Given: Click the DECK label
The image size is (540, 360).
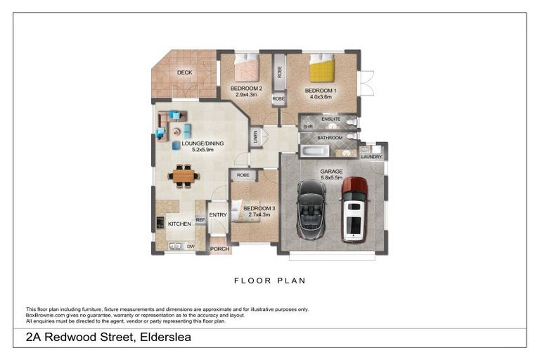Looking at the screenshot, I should click(x=184, y=72).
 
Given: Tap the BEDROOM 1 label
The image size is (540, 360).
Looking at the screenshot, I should click(x=321, y=91).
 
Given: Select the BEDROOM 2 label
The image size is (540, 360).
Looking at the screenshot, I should click(x=246, y=89).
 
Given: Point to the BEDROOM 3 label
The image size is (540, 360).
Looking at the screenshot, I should click(x=259, y=208).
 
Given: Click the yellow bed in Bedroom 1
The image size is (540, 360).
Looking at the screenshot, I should click(x=323, y=70).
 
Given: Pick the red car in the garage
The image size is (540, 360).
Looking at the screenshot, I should click(x=354, y=208).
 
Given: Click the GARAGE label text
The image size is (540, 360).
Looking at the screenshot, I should click(x=331, y=172).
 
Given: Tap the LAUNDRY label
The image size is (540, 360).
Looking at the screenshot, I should click(x=371, y=157).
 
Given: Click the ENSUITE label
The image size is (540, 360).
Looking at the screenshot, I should click(x=330, y=119).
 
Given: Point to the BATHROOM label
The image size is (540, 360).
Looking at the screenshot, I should click(x=329, y=138).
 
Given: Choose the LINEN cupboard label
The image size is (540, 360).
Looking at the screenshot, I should click(x=257, y=138).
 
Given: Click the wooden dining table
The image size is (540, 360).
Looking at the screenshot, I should click(x=184, y=175).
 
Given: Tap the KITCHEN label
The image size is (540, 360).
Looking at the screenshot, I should click(x=179, y=224).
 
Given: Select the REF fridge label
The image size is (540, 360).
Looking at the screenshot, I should click(x=200, y=220).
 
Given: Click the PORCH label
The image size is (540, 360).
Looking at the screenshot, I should click(x=219, y=249).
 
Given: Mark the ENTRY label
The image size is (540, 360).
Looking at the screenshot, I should click(x=218, y=215).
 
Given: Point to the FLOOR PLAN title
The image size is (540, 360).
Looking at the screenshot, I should click(x=270, y=280).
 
